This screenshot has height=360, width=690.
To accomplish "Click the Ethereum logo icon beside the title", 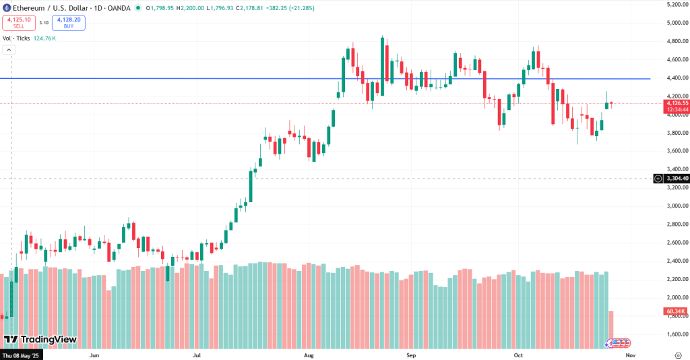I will click(6, 8).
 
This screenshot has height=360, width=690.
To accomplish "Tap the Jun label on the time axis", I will click(94, 354).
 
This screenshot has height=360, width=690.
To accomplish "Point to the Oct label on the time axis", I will click(518, 354).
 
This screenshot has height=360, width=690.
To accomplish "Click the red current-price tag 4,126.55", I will click(676, 103).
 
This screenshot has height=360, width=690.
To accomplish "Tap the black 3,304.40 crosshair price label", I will click(677, 179).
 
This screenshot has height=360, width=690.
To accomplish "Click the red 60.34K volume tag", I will click(675, 311).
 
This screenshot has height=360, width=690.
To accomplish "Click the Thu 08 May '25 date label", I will click(22, 355).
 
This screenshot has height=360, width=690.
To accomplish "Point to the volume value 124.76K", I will click(44, 38).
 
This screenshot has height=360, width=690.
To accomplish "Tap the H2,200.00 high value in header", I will click(191, 8).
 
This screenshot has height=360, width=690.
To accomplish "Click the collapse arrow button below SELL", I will click(9, 50).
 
